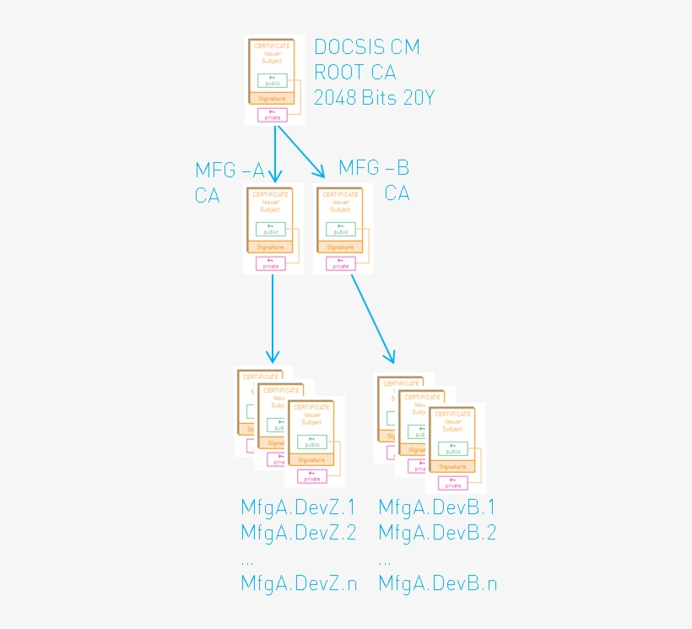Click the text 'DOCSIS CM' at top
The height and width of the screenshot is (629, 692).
point(366,47)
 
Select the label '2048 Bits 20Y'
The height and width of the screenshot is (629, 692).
point(374,98)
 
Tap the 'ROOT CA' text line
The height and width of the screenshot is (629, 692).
point(354,73)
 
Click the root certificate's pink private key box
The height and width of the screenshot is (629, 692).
point(273,115)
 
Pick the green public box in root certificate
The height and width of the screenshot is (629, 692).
point(273,81)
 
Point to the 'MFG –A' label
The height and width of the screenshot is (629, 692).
point(229,171)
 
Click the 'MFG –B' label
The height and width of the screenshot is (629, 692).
point(373,167)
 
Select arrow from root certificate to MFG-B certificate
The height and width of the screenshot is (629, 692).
point(301,152)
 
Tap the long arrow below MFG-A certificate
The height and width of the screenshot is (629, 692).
point(272,317)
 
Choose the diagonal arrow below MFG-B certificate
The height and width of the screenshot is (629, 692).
point(372,317)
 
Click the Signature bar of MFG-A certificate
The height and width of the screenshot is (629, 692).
point(271,247)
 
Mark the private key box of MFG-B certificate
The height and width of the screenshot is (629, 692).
point(340,264)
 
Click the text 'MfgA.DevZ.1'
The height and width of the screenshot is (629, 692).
point(298,507)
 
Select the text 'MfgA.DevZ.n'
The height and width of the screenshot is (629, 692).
point(298,583)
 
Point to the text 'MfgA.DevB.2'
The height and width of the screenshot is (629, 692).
point(436,533)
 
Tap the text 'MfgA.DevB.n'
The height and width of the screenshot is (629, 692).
point(436,583)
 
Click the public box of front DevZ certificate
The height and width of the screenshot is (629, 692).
point(311,442)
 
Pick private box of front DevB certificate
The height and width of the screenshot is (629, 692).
point(453,483)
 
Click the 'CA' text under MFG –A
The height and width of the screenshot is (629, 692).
point(208,196)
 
